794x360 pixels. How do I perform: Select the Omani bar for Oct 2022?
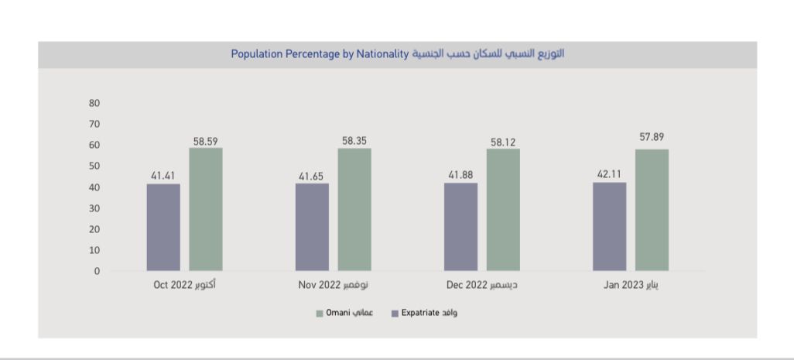(206, 209)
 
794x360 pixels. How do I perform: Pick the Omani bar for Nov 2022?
(354, 209)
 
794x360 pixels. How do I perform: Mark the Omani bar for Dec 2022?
(503, 210)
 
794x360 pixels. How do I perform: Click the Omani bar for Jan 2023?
(652, 210)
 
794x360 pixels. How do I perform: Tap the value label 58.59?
(206, 140)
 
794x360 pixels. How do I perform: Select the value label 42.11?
(610, 174)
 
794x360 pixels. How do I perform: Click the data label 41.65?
(312, 176)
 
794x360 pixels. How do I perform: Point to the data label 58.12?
(503, 142)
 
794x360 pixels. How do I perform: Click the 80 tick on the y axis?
(95, 103)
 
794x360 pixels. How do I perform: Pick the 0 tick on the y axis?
(98, 272)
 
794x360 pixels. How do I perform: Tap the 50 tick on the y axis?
(95, 166)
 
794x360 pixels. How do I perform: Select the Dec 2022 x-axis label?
(482, 285)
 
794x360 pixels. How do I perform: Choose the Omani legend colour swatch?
(319, 314)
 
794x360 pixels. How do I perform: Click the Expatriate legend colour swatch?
(395, 314)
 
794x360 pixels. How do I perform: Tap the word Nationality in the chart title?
(382, 55)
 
